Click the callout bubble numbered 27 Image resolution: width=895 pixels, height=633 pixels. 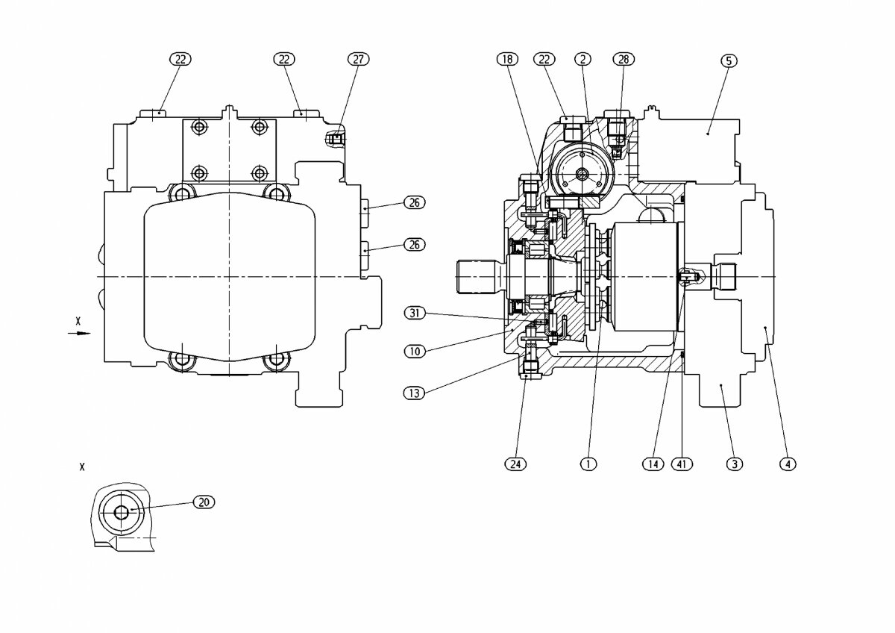coord(359,59)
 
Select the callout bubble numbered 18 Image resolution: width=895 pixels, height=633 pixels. coord(507,59)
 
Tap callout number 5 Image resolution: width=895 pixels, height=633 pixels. coord(729,60)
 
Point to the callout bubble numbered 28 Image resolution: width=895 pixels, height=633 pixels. coord(624,59)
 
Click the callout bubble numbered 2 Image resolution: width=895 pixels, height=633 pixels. coord(582,59)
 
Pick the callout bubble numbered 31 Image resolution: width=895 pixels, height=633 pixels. coord(415,312)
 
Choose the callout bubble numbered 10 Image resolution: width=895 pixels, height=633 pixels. coord(415,352)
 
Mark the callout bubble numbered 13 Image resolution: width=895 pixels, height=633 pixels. coord(415,393)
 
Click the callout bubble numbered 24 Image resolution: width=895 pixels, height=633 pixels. coord(515,464)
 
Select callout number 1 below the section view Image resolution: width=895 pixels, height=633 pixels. coord(588,464)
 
